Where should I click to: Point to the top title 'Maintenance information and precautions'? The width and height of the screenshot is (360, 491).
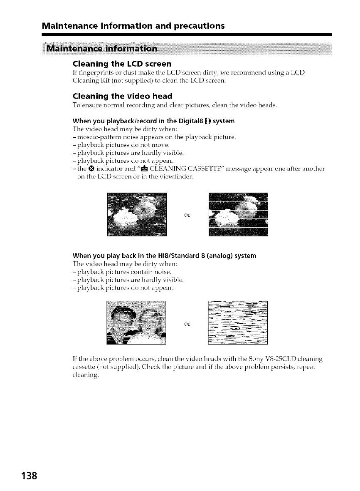click(x=133, y=26)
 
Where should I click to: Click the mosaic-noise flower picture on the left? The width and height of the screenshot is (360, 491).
click(x=136, y=215)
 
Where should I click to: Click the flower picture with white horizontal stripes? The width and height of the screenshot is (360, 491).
click(x=238, y=215)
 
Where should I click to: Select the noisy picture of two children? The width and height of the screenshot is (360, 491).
click(x=136, y=322)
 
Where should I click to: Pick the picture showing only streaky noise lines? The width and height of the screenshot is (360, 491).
click(x=237, y=322)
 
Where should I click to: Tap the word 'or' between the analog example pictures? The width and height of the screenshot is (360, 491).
click(x=187, y=322)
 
